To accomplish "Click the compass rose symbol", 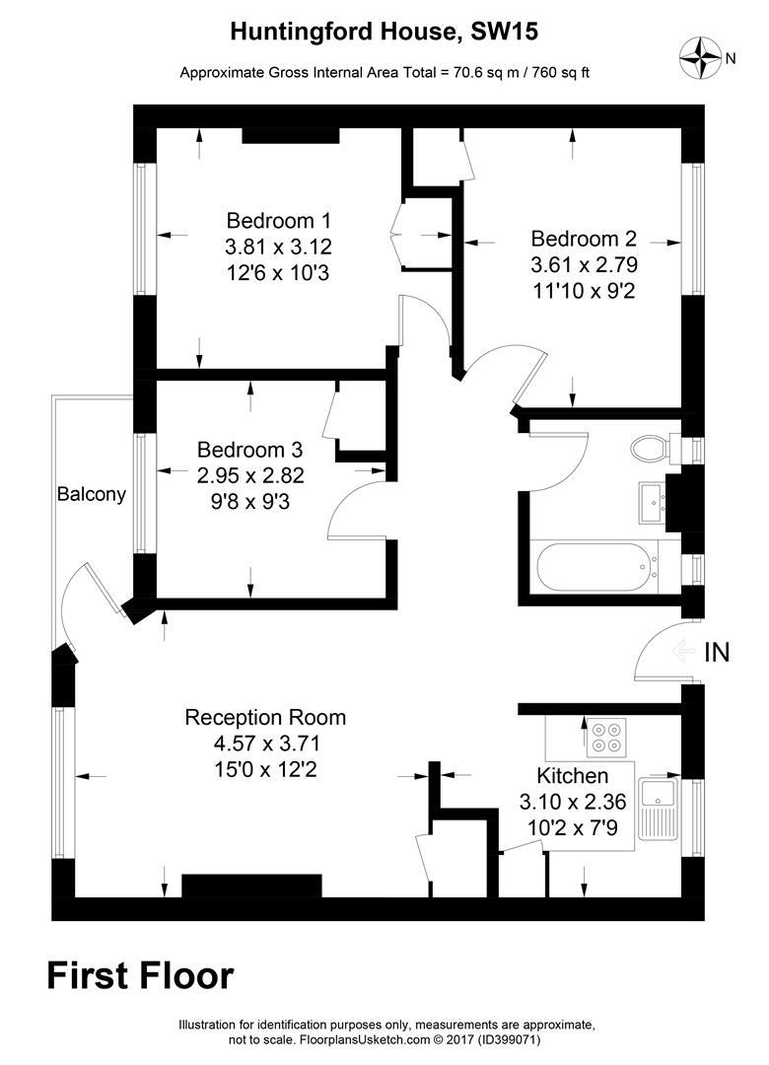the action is [700, 57].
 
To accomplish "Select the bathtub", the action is [597, 567].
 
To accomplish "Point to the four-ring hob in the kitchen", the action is [606, 738].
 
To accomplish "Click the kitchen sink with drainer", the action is [660, 809].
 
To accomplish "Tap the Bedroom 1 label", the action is [279, 221].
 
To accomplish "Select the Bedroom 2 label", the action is [584, 239].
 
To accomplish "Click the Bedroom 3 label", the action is [250, 450].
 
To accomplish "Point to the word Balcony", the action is [91, 494].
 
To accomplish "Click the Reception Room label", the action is [265, 717].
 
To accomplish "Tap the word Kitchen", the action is [572, 776].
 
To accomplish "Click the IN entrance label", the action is [717, 652].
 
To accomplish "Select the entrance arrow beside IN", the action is [683, 652].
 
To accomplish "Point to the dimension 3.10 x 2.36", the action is [573, 802].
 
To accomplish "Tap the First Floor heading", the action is [141, 976].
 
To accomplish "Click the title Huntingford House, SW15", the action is [384, 32].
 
